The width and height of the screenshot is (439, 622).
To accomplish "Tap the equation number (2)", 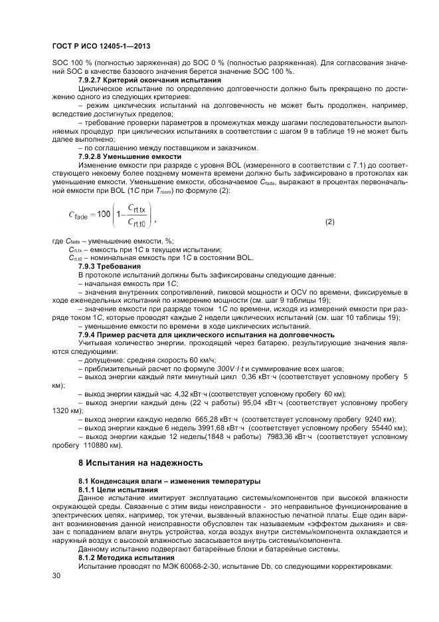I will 329,221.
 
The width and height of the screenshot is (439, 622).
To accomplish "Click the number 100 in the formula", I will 104,214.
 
